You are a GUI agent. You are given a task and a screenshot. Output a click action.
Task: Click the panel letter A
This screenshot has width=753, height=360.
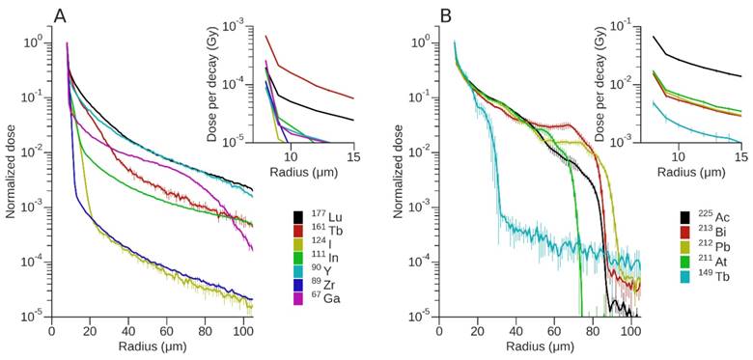[x=60, y=16]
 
